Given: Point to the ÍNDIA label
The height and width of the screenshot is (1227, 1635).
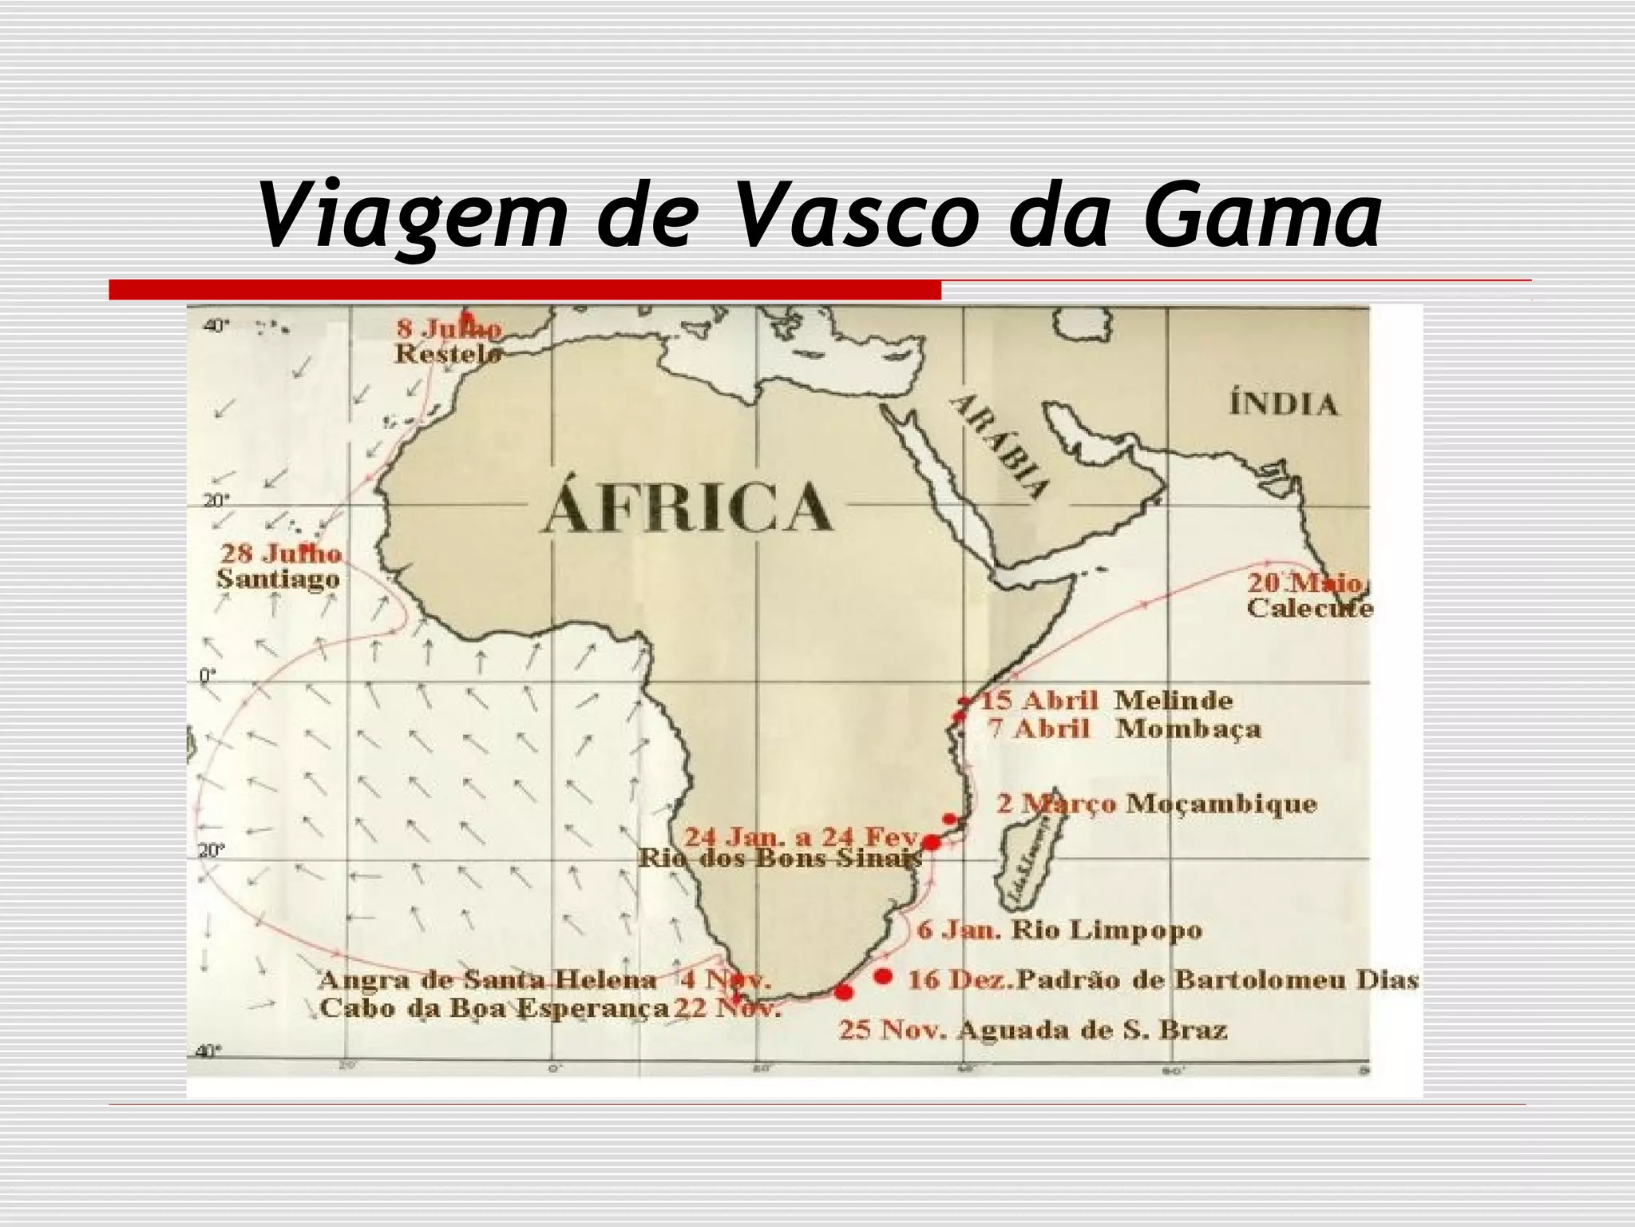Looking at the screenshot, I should [x=1283, y=404].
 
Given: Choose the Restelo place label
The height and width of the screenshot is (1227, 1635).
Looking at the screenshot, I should [x=448, y=354].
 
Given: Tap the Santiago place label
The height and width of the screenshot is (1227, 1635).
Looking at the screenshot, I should [x=278, y=579].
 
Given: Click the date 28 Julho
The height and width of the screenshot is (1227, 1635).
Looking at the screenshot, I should [x=281, y=553].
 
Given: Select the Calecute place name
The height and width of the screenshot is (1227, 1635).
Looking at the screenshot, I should [x=1309, y=609].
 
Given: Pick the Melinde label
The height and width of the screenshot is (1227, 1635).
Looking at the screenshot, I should [x=1173, y=701].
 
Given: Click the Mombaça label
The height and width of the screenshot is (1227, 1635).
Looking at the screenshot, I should [x=1188, y=729].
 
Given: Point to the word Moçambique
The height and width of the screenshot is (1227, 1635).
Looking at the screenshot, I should [x=1221, y=803].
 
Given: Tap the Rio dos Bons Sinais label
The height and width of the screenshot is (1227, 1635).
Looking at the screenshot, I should [x=780, y=859].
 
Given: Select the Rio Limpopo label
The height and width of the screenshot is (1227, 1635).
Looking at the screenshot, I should [x=1106, y=930].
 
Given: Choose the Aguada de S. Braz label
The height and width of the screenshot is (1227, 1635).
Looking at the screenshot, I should [x=1092, y=1030].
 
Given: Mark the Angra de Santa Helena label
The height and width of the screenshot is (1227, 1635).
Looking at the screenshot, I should [x=487, y=979].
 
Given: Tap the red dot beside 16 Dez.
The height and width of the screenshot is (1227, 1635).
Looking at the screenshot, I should [x=883, y=976].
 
